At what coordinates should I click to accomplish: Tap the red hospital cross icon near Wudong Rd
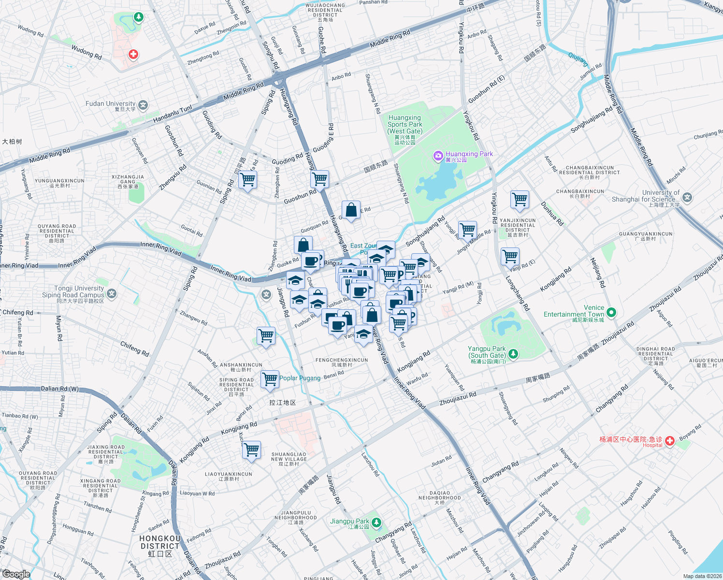(133, 54)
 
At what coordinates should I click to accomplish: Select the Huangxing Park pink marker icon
(438, 155)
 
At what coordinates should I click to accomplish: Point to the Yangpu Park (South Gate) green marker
(513, 354)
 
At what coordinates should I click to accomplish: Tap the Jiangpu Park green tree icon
(376, 522)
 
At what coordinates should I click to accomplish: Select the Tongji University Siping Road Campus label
(73, 294)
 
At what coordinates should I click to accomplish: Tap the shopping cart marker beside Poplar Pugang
(270, 379)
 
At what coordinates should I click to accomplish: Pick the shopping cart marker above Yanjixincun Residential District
(520, 200)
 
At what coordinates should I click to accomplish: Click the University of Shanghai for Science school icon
(687, 197)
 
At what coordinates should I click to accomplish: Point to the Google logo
(16, 574)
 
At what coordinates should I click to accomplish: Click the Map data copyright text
(702, 576)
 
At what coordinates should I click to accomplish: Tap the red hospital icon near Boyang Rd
(669, 440)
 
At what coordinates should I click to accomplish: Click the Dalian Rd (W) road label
(60, 389)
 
